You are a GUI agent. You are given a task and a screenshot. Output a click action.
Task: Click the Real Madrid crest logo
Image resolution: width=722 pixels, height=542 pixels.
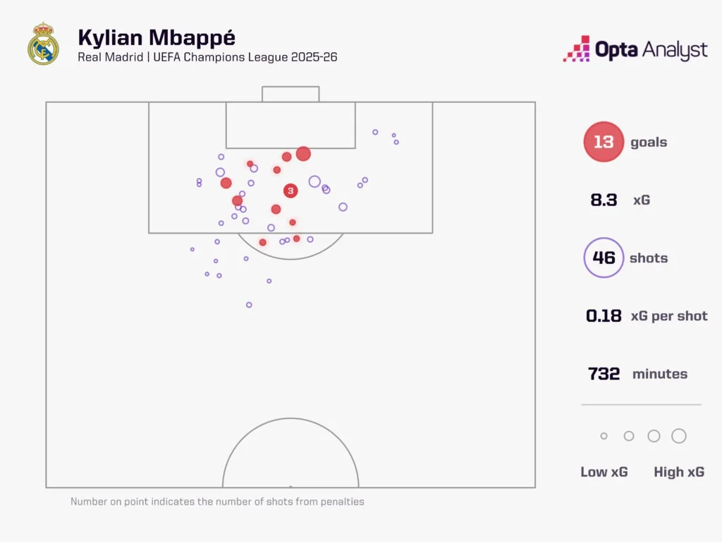[x=43, y=44]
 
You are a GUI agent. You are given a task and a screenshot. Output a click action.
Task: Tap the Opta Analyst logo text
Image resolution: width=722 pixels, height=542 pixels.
[x=651, y=50]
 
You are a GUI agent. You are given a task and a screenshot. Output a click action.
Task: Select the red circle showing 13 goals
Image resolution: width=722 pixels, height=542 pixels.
[x=604, y=142]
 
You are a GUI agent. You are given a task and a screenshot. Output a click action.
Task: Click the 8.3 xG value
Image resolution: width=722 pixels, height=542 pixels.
[x=604, y=200]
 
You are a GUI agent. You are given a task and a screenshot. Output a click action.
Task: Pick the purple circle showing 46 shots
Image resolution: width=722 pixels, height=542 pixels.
[x=604, y=258]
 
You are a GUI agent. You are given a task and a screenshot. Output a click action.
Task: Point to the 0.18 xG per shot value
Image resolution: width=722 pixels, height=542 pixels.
[x=604, y=315]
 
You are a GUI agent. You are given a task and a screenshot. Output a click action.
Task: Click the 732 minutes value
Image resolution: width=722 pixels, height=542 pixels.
[x=604, y=374]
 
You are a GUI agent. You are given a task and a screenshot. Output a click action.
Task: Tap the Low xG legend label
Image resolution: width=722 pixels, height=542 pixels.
[x=604, y=472]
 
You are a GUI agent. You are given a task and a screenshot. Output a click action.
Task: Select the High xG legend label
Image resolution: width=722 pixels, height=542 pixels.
[x=679, y=472]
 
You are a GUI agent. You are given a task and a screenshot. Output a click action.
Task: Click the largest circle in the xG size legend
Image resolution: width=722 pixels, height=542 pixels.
[x=679, y=436]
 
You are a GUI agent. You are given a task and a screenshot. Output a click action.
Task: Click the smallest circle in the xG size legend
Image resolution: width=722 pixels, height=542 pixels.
[x=604, y=436]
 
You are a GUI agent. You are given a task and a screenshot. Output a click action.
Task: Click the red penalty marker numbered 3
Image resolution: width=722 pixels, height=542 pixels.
[x=290, y=191]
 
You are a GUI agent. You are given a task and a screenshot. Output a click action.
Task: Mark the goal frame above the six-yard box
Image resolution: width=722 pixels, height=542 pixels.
[x=290, y=94]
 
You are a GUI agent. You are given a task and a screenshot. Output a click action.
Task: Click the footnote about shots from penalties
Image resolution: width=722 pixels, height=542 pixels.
[x=217, y=502]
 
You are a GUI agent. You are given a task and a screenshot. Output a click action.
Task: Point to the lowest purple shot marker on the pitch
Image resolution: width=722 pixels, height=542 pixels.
[x=249, y=305]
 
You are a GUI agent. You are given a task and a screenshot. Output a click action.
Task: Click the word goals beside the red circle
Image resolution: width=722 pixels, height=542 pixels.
[x=649, y=142]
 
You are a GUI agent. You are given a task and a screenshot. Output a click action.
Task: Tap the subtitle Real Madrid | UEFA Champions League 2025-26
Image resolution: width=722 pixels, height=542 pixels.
[x=207, y=56]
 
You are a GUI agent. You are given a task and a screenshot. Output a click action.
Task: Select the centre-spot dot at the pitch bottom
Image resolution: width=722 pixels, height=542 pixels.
[x=290, y=486]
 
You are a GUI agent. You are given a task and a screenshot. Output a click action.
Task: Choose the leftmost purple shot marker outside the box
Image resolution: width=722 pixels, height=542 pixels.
[x=192, y=249]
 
